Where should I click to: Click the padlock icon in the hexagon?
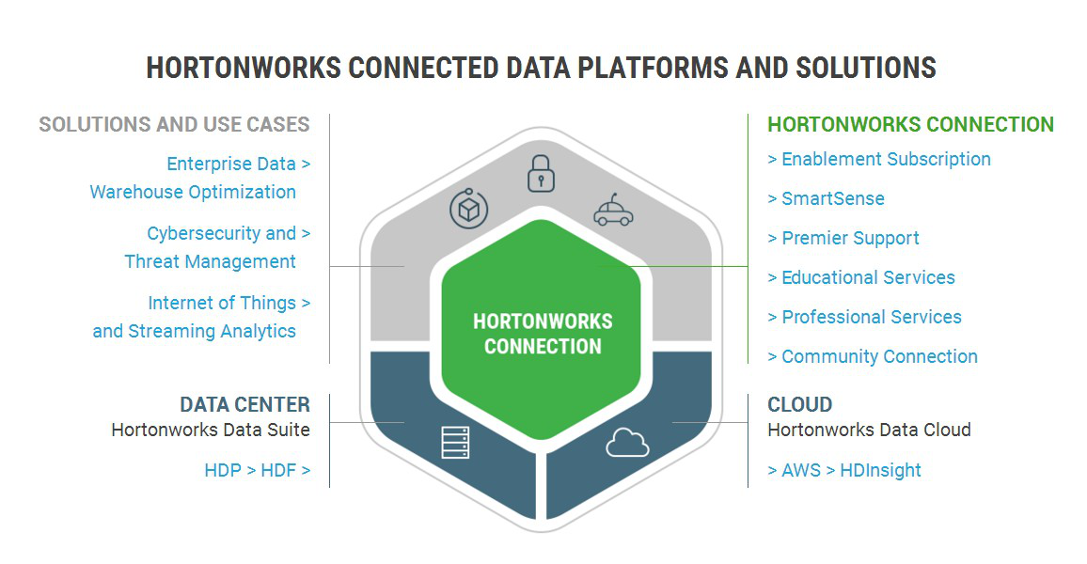541,173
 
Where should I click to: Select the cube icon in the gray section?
468,209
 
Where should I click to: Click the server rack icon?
455,443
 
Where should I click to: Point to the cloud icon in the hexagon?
627,443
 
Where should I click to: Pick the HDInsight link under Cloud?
880,470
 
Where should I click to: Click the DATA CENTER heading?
244,404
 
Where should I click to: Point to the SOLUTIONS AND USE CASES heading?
174,125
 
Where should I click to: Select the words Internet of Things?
222,304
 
